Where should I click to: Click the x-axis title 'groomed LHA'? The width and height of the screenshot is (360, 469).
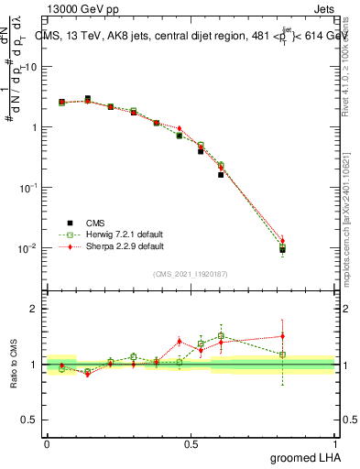(304, 457)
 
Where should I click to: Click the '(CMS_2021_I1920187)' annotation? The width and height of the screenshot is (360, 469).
(190, 273)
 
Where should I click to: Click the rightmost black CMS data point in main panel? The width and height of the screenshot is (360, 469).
(282, 249)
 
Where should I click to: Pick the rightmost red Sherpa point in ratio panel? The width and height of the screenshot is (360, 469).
(282, 335)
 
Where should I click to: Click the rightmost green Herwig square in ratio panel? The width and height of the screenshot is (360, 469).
(282, 354)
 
